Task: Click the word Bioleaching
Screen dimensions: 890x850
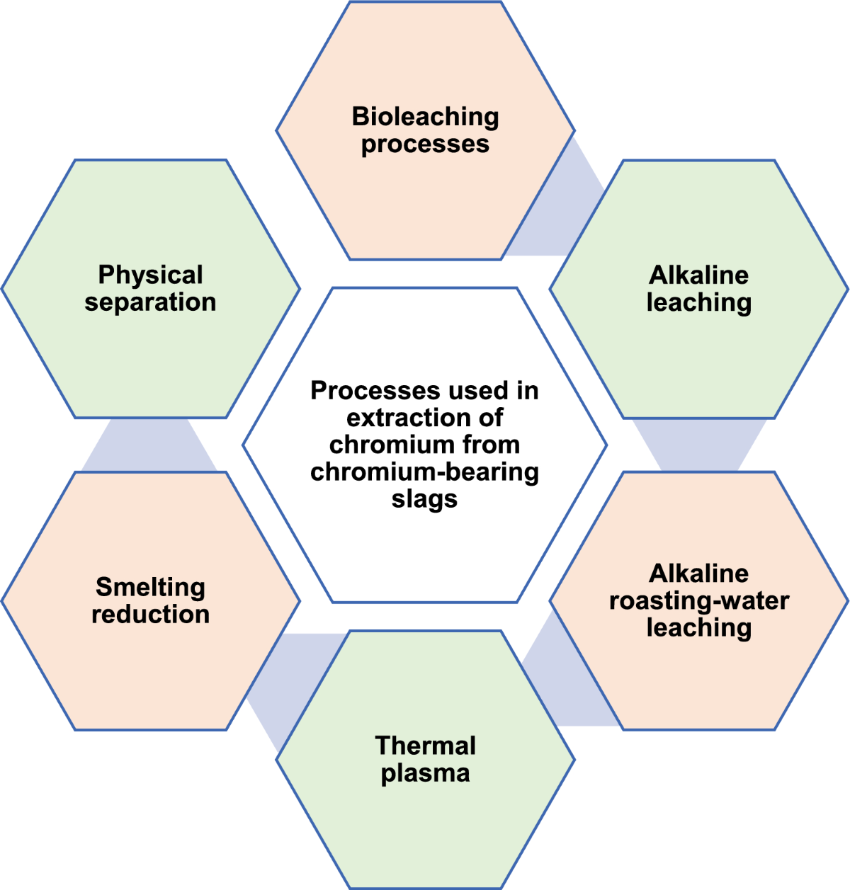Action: click(425, 117)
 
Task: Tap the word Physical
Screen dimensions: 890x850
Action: click(150, 275)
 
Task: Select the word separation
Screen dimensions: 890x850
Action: click(150, 302)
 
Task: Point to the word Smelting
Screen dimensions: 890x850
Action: click(150, 587)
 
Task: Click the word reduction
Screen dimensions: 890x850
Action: click(150, 614)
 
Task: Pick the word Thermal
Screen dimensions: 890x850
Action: click(425, 746)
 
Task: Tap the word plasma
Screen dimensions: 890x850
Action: click(425, 772)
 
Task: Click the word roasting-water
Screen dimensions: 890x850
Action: click(698, 601)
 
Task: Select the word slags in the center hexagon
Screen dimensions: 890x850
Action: click(424, 498)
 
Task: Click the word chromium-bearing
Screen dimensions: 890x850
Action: click(424, 472)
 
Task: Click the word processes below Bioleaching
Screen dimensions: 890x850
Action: click(425, 144)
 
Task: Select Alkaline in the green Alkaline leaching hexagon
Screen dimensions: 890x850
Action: click(698, 275)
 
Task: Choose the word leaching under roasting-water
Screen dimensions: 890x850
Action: click(698, 628)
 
